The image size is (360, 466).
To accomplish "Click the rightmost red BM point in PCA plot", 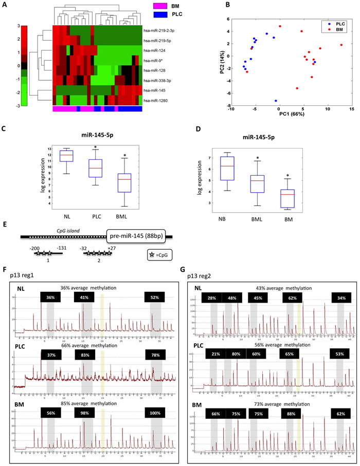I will click(341, 45).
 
